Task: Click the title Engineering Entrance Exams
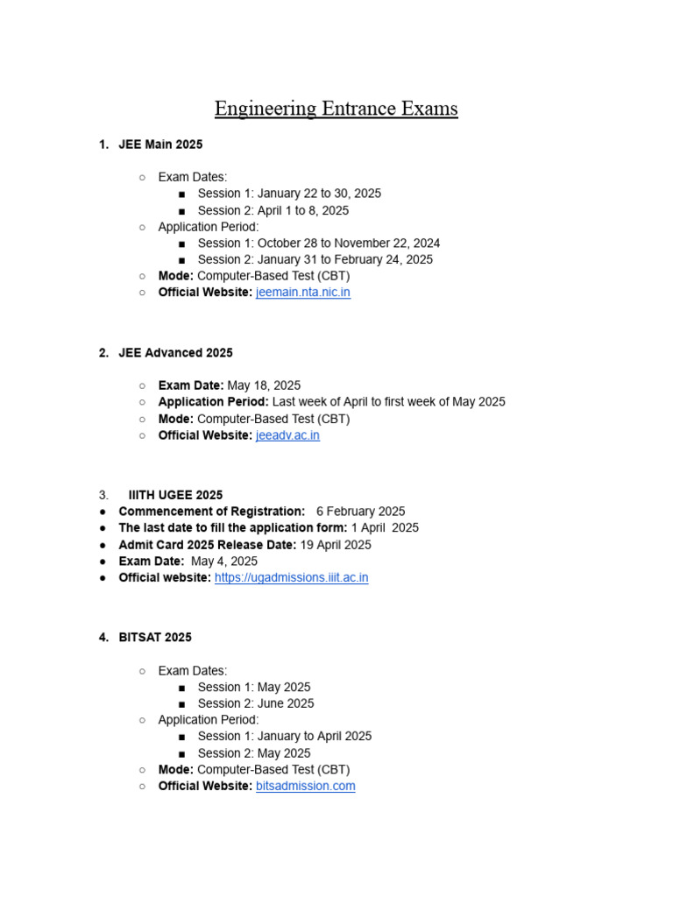point(336,109)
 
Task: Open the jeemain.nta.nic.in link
point(302,293)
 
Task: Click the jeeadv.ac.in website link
point(287,435)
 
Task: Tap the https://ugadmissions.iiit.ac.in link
point(291,578)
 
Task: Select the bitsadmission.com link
point(305,786)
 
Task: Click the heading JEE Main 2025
point(160,144)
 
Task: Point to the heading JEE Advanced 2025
point(175,353)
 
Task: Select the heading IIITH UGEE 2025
point(175,495)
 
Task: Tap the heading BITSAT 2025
point(155,637)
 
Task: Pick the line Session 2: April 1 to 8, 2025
point(273,210)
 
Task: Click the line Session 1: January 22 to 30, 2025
point(289,194)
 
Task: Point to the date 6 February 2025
point(360,512)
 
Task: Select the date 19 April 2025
point(336,545)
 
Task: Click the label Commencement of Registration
point(211,512)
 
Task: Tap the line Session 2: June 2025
point(255,703)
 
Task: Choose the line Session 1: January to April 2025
point(284,737)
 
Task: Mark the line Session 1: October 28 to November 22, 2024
point(318,244)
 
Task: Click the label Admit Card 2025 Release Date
point(207,545)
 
